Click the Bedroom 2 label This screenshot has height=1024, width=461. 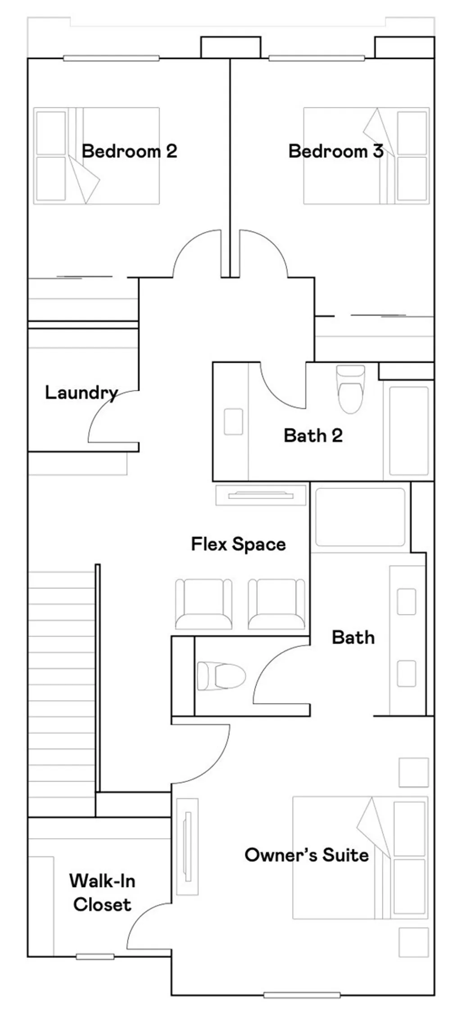tap(129, 151)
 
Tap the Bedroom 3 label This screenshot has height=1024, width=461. tap(335, 151)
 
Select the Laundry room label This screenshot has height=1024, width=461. tap(81, 392)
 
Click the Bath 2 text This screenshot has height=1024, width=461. tap(313, 435)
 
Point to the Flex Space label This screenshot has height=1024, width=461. tap(238, 544)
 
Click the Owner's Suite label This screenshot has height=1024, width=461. tap(306, 855)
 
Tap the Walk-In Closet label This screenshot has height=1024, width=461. tap(102, 892)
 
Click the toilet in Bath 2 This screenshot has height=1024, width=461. tap(350, 390)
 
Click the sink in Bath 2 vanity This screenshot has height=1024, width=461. tap(233, 422)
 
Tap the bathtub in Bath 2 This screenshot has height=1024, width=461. tap(408, 431)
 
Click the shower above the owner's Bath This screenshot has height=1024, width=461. tap(360, 517)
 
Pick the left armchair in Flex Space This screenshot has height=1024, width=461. tap(203, 604)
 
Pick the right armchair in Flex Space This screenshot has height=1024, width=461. tap(276, 604)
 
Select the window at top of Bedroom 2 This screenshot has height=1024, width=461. tap(111, 58)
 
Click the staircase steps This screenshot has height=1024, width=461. tap(61, 694)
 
